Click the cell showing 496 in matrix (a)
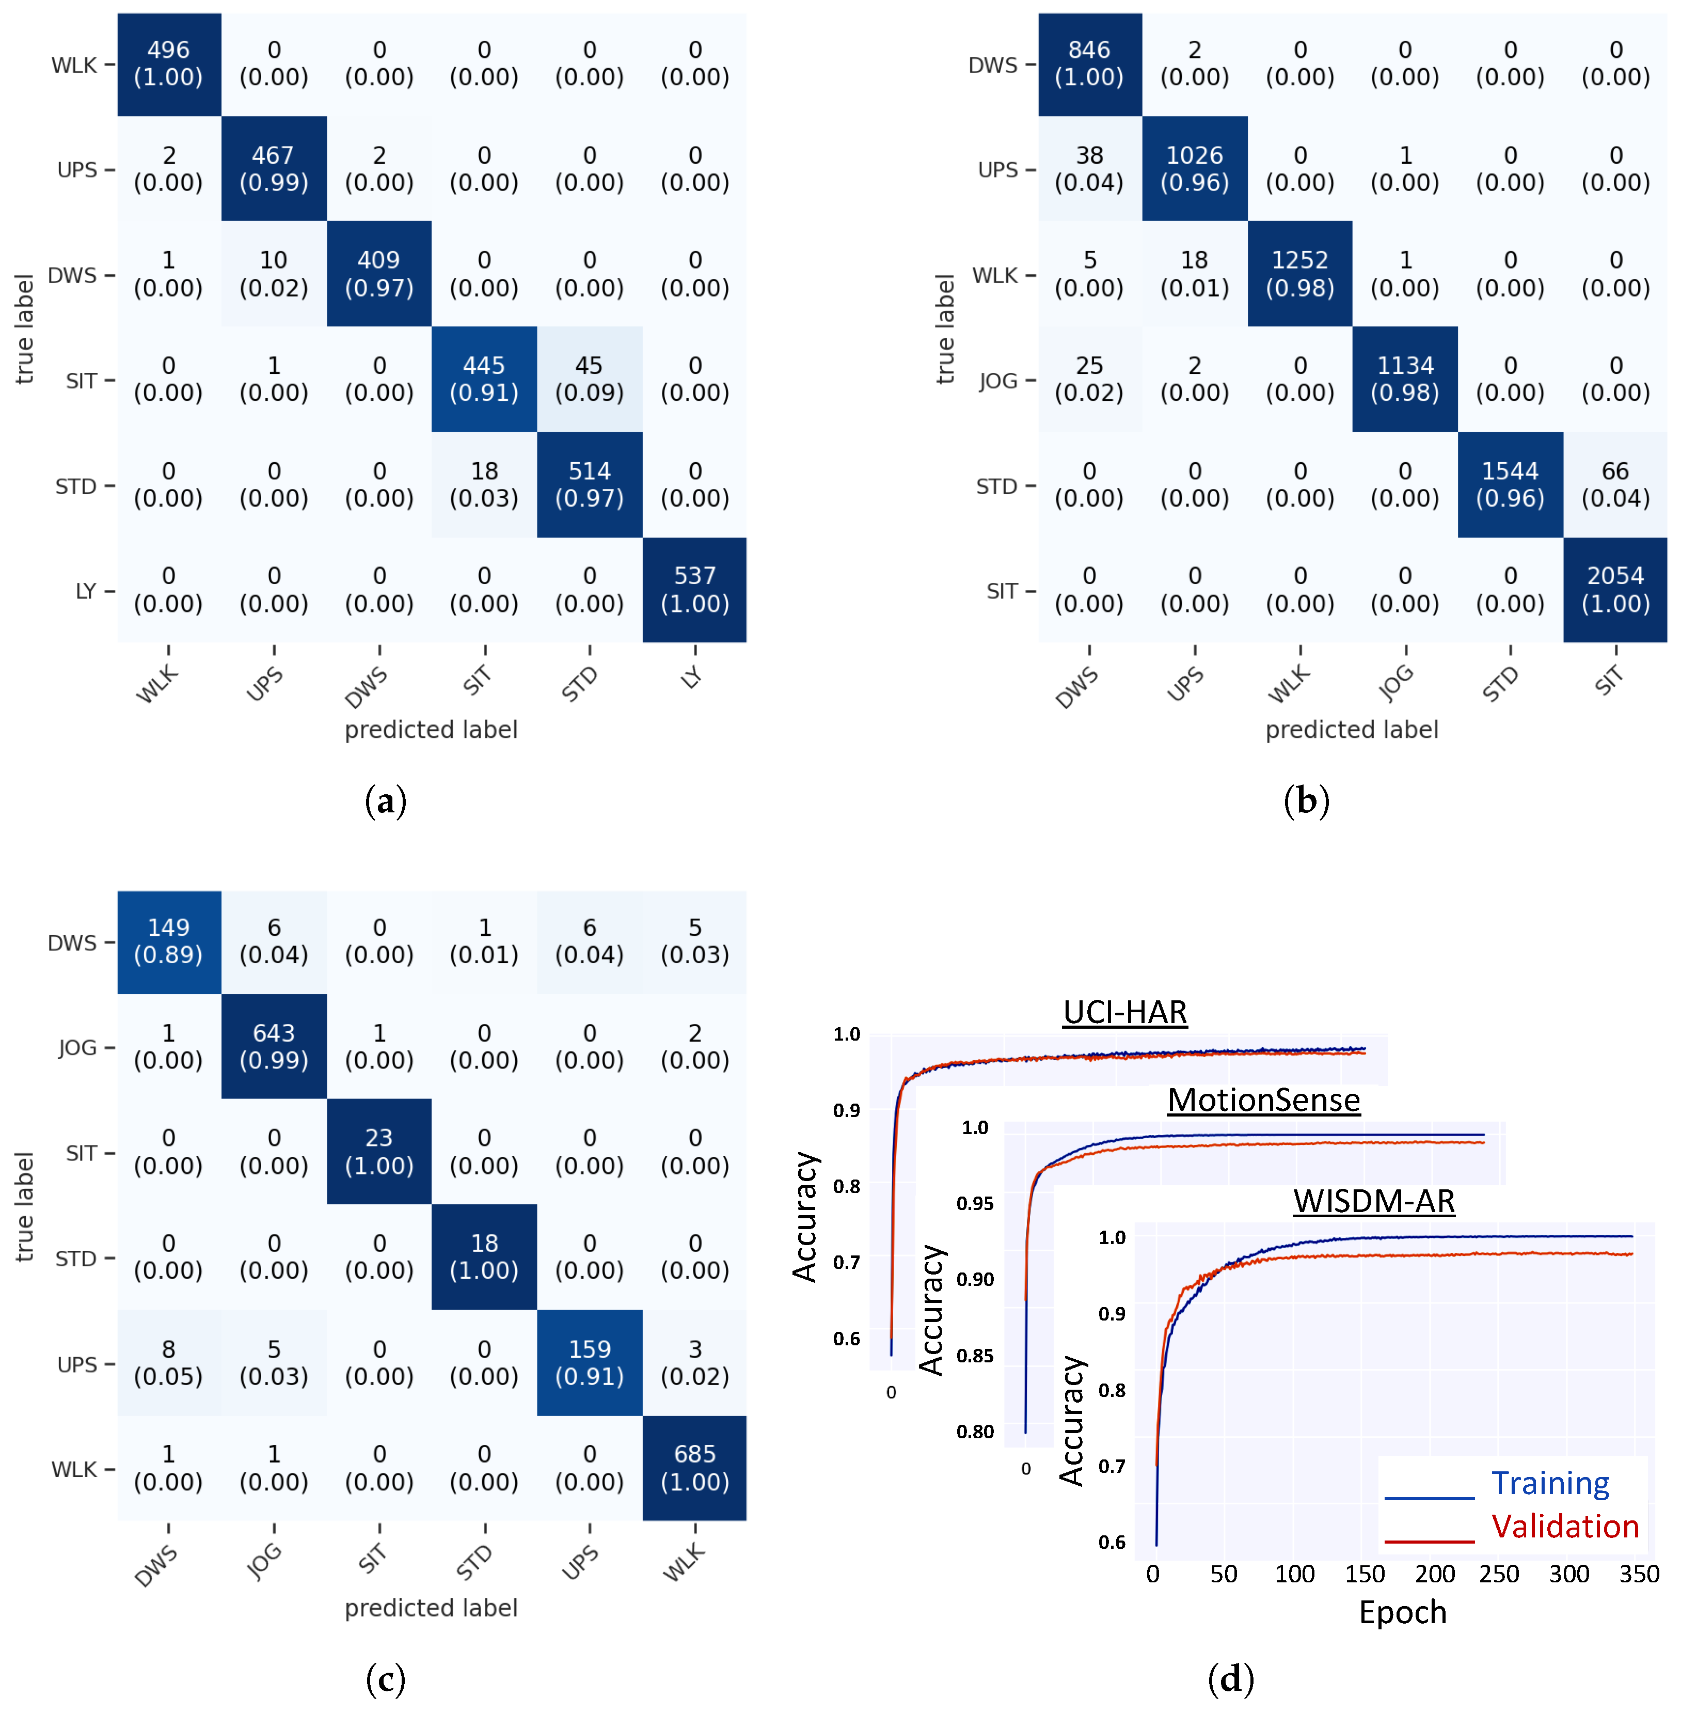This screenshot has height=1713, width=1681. (169, 64)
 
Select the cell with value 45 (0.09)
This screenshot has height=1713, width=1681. (589, 379)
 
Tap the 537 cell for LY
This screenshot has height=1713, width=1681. (695, 590)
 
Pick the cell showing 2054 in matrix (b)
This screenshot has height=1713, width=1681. (1615, 590)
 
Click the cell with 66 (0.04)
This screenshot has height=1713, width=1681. (1615, 485)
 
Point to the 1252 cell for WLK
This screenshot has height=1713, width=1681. (1299, 274)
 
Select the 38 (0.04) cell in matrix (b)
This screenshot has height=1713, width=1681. (1089, 169)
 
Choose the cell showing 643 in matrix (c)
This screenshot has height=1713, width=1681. (274, 1046)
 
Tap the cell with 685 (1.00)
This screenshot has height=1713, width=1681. (695, 1468)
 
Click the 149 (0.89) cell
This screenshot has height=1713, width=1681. (169, 941)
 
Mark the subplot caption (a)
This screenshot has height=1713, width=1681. (386, 801)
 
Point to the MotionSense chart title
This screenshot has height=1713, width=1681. (1263, 1100)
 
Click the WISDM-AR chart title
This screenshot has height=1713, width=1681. (1374, 1201)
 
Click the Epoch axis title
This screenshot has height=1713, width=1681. (1403, 1612)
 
